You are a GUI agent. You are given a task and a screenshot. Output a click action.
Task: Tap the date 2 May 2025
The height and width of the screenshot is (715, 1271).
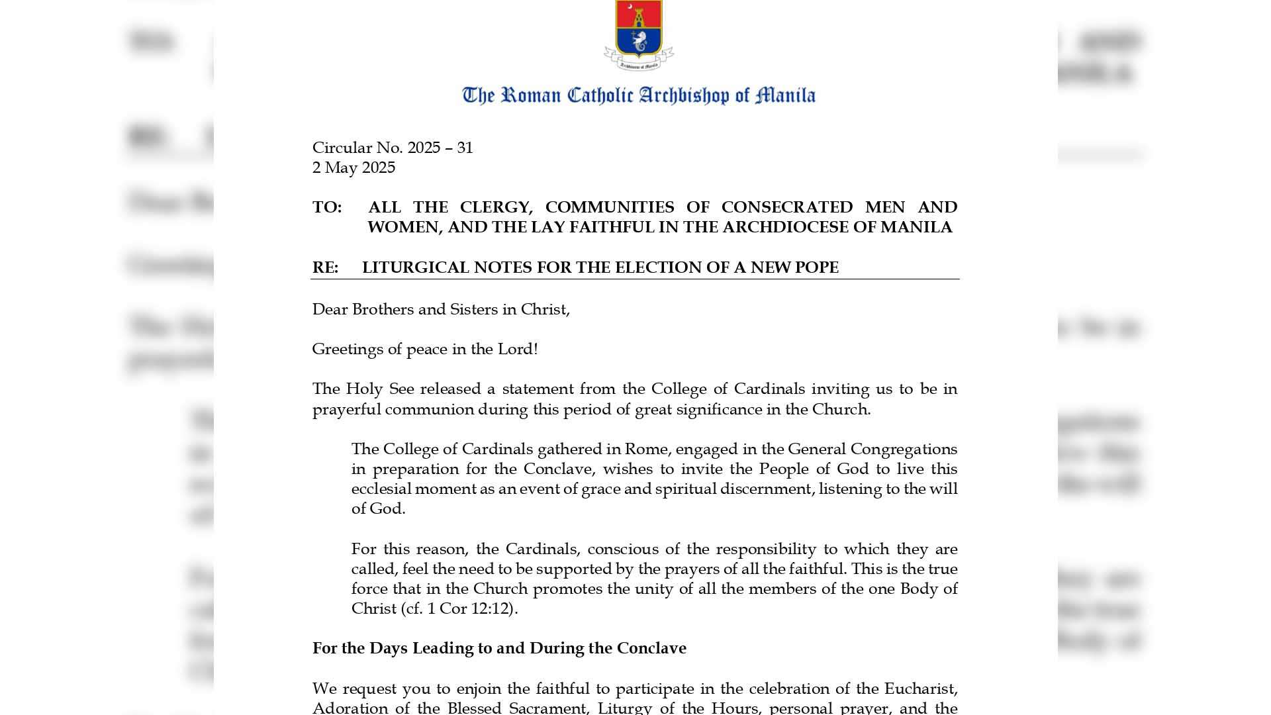[353, 167]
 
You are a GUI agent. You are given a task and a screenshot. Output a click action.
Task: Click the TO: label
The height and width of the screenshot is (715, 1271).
[326, 207]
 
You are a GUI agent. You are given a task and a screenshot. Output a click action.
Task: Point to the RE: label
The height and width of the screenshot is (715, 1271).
[325, 267]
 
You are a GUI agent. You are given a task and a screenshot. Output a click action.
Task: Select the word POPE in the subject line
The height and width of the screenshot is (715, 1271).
[816, 267]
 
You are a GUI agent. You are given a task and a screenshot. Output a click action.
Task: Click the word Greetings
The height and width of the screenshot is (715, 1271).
[348, 349]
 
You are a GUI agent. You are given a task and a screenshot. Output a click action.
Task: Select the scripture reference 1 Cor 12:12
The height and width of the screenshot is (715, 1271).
[470, 608]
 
